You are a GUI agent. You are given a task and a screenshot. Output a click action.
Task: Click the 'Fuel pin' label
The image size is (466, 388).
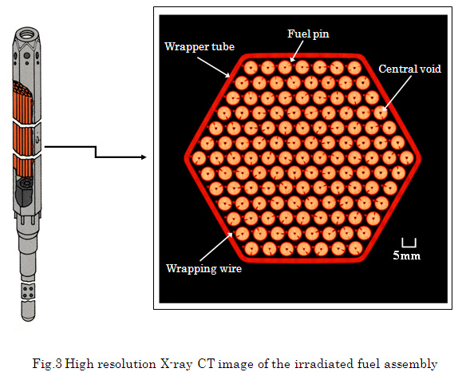(x=308, y=34)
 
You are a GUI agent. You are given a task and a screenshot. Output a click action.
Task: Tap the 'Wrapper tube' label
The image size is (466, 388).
(x=199, y=46)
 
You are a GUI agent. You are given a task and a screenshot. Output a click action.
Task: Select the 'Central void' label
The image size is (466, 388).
(x=409, y=69)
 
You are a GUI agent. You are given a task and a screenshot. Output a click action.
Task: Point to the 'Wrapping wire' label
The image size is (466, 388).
(x=204, y=268)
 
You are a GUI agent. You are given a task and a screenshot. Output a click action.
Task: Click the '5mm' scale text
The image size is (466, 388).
(x=407, y=255)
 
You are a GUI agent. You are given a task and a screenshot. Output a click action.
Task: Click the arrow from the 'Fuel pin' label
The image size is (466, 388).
(x=297, y=51)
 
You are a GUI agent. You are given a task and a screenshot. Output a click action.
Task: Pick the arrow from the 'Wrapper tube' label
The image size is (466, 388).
(x=213, y=67)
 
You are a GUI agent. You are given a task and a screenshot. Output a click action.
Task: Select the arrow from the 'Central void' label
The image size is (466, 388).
(x=397, y=93)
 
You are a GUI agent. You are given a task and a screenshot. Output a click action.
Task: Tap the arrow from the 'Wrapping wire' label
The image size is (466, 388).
(x=216, y=247)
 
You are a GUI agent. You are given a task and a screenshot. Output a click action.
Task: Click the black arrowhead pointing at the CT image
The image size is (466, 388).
(x=144, y=157)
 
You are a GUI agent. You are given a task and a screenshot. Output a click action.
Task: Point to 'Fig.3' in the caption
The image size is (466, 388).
(x=47, y=364)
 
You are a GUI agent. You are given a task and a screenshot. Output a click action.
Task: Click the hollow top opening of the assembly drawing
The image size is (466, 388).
(x=27, y=33)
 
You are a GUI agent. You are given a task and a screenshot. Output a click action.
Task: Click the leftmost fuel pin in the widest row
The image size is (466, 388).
(x=199, y=158)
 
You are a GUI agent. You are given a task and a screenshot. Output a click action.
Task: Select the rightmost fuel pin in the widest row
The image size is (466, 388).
(x=407, y=158)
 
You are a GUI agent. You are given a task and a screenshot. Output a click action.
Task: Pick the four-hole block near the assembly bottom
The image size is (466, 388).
(x=28, y=291)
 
